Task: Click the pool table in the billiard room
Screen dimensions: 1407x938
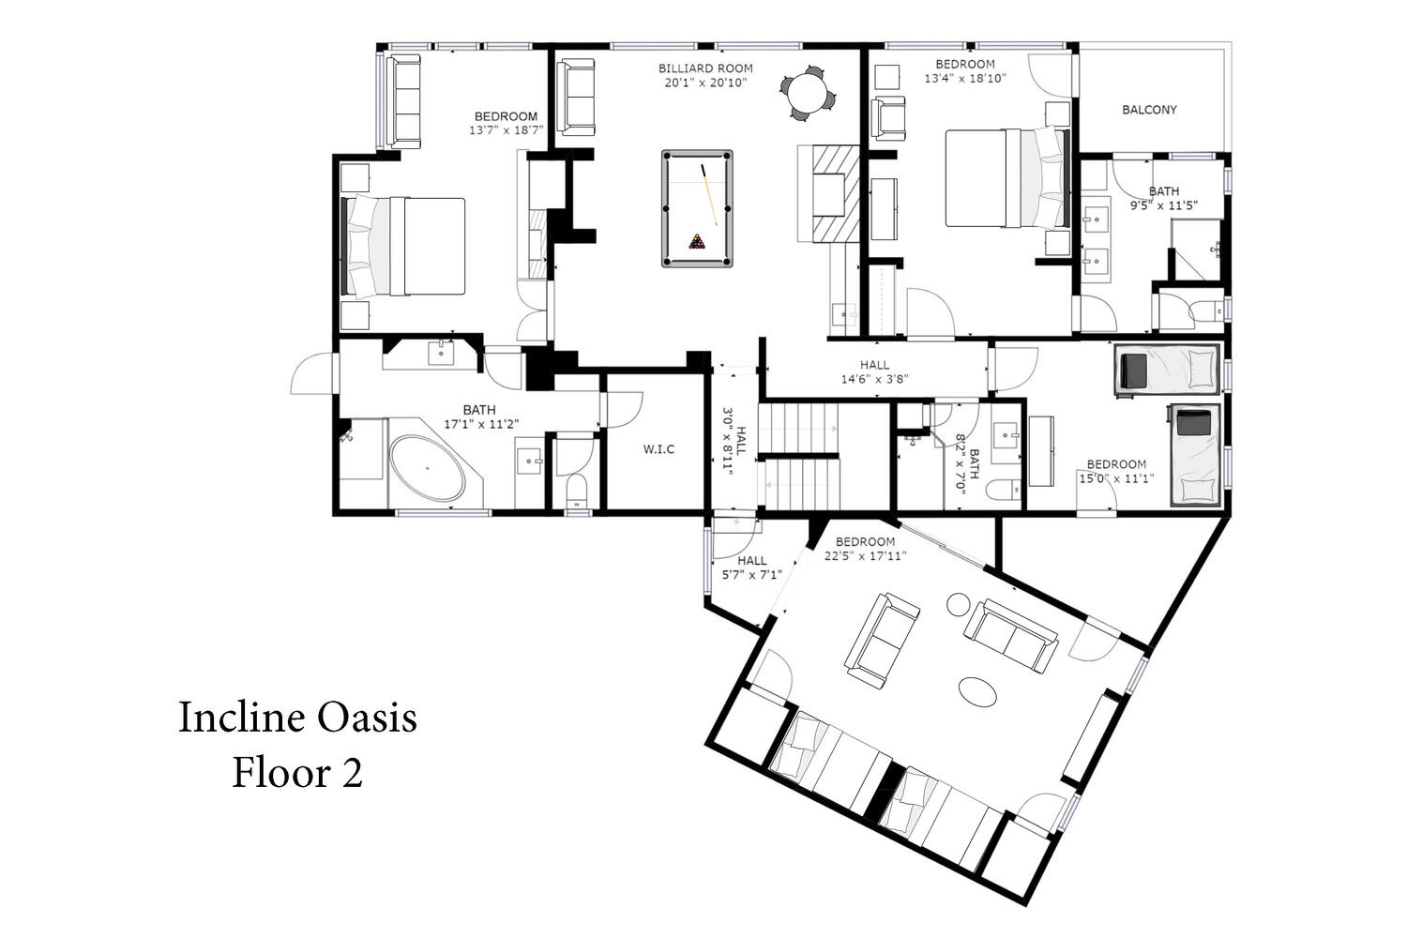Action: [697, 208]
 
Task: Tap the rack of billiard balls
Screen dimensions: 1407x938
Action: [697, 242]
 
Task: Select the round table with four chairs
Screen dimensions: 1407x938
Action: [809, 94]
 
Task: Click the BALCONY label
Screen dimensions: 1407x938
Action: [1149, 110]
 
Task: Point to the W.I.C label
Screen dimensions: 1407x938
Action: [658, 449]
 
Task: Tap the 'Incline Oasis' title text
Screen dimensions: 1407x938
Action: [297, 718]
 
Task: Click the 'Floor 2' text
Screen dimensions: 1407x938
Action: [297, 773]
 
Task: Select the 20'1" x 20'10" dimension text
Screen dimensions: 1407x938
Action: [705, 83]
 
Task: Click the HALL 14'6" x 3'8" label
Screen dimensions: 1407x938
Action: [875, 372]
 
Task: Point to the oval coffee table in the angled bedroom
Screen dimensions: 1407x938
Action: [978, 691]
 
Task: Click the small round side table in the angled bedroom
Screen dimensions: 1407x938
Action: [959, 605]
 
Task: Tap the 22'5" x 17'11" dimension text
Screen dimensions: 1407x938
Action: [865, 556]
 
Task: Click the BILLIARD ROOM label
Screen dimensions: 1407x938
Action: [705, 68]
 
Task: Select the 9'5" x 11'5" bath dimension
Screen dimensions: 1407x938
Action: [1164, 205]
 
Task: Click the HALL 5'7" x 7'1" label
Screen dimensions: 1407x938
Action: [752, 567]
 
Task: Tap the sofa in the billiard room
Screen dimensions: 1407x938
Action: [576, 98]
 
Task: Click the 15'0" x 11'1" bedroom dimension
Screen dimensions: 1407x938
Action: [1116, 478]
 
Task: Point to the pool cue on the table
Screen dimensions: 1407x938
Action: [709, 195]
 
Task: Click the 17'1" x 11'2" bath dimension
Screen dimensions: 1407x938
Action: [481, 424]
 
